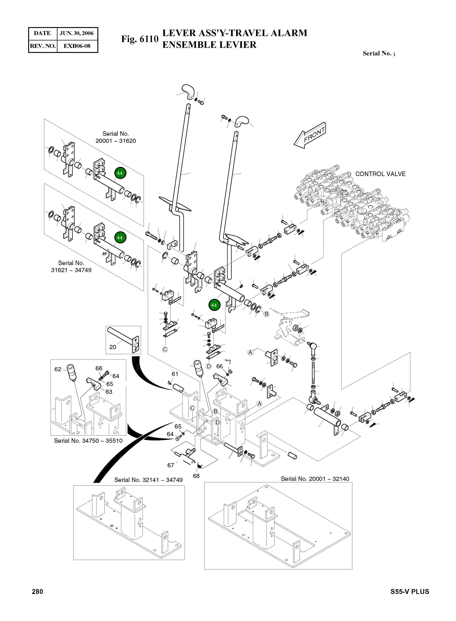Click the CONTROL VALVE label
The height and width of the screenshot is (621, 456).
pos(380,174)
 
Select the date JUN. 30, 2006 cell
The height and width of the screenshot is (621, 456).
pos(77,33)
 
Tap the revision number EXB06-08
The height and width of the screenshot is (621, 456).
pos(77,46)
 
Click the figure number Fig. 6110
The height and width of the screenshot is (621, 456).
pos(140,39)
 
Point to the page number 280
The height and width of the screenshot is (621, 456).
pos(38,592)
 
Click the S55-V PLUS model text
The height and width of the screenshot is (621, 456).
pos(410,592)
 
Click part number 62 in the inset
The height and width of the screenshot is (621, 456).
pos(58,369)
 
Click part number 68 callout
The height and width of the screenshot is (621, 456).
pos(196,476)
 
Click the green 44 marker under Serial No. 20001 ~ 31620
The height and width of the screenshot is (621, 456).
pos(120,173)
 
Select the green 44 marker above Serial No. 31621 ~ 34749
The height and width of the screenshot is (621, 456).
pos(120,237)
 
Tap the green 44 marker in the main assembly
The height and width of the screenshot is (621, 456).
pos(214,305)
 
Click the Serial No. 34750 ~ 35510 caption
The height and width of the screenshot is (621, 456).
pos(88,441)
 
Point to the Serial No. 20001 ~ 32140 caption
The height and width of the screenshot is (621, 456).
pos(315,479)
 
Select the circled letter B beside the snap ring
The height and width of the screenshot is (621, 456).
pos(266,314)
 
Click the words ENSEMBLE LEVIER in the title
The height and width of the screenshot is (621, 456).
pos(209,45)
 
